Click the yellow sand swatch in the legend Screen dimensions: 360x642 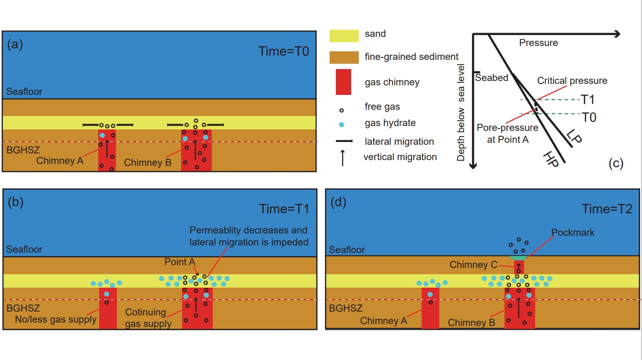344,35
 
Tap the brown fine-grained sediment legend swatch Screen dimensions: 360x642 344,57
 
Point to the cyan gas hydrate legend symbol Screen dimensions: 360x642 341,124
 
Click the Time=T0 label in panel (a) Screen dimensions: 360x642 284,51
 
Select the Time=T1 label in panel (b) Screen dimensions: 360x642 284,209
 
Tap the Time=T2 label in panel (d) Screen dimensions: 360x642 607,209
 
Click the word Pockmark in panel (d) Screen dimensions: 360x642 573,232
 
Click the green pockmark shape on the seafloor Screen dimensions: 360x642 519,258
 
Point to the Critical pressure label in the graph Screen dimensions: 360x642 572,81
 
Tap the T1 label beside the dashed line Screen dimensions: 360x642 588,100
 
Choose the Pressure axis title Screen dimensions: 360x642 539,43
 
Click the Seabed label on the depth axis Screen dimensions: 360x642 492,78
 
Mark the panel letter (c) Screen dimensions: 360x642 616,163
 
